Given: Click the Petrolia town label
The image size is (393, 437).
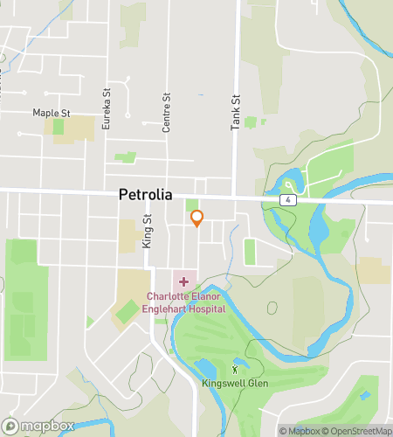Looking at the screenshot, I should coord(145,196).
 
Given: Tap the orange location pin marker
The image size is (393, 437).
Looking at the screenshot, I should coord(196,218).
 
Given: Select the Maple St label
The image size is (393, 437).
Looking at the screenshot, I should coord(50,113).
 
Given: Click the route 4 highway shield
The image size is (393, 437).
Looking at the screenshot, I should coord(286,200).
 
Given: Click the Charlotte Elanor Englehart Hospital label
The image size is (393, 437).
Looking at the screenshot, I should coord(185,302).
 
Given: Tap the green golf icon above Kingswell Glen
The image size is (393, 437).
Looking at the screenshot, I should coord(233,369).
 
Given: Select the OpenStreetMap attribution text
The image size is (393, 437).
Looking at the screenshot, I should coord(359,430).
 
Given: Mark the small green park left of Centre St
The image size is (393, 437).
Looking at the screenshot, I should coord(125,158).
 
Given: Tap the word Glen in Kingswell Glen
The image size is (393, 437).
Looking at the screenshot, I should coord(257,384).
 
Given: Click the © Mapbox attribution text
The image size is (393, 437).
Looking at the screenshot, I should coord(300,430).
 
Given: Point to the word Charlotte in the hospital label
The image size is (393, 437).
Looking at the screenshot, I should coord(166,296).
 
